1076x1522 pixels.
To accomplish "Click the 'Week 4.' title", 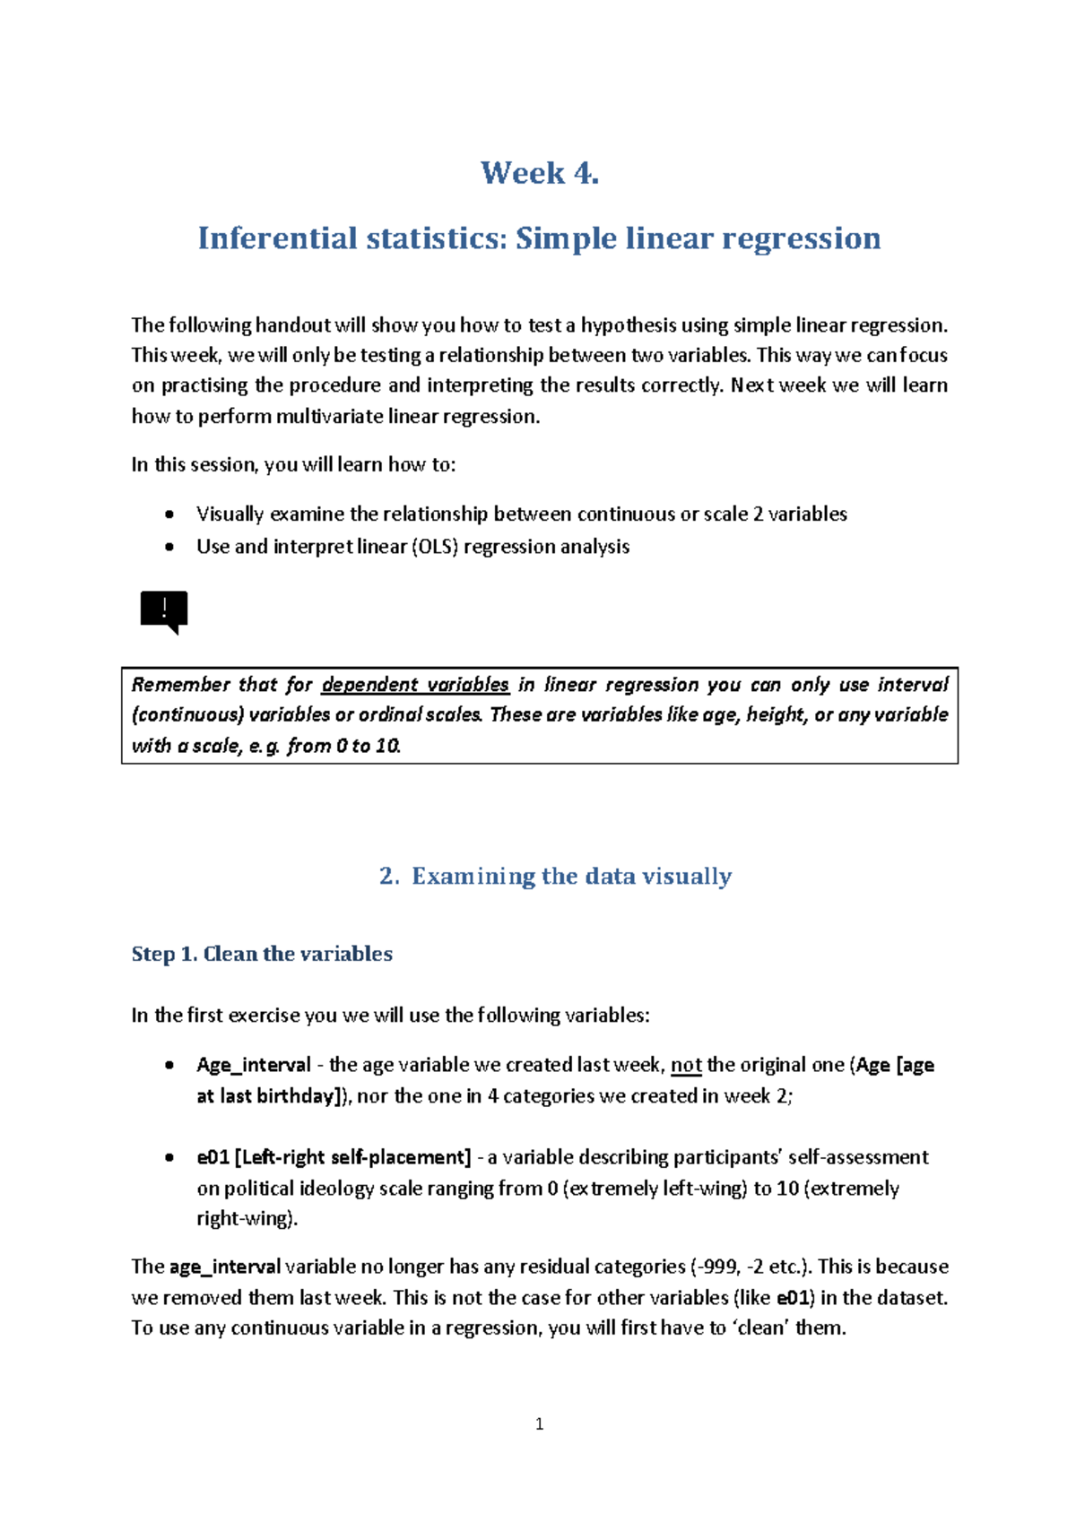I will [539, 173].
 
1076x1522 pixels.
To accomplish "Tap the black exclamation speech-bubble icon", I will [164, 612].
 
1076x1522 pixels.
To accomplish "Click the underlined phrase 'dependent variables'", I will [415, 685].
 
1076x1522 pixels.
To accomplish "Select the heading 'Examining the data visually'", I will [571, 877].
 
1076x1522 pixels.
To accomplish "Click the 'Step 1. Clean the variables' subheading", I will [262, 954].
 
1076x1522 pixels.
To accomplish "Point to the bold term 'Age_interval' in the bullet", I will [253, 1065].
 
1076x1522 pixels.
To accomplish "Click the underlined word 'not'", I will [686, 1065].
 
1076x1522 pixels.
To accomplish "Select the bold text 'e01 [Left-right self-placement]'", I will [334, 1157].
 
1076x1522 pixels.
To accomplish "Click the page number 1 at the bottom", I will [539, 1423].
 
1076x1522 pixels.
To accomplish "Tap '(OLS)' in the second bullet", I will [435, 547].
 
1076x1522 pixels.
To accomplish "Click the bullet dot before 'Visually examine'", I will [169, 515].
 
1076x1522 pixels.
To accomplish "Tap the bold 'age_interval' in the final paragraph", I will [224, 1267].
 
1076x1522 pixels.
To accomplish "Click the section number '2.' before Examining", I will [388, 877].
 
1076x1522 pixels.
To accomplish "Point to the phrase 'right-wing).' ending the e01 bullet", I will [247, 1218].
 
